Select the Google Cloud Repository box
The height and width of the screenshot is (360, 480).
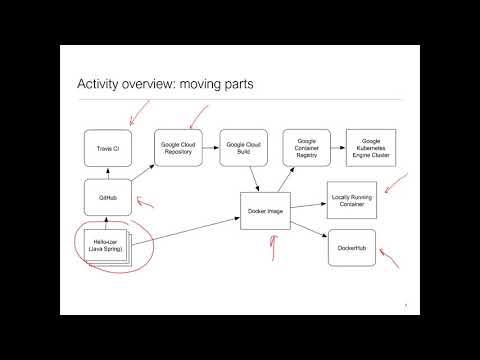[177, 148]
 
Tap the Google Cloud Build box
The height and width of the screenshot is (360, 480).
[240, 148]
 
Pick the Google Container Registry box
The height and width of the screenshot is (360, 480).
[306, 148]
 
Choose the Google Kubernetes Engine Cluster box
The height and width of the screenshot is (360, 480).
[370, 148]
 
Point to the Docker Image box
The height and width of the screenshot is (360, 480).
[264, 211]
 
